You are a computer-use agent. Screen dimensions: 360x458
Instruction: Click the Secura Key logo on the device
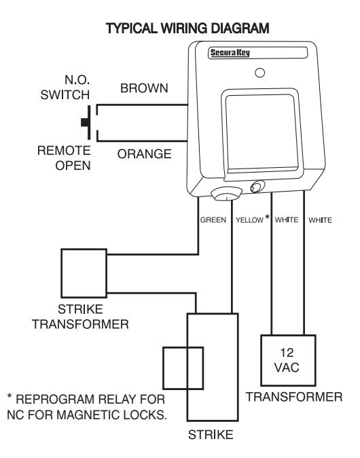[230, 53]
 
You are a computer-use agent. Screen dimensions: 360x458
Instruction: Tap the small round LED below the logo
[259, 73]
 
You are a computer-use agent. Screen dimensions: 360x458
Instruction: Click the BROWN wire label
[144, 88]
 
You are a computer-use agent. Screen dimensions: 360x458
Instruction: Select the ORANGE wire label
[144, 154]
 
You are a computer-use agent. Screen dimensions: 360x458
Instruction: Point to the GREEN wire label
[213, 220]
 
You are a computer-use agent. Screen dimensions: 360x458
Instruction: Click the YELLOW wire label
[250, 220]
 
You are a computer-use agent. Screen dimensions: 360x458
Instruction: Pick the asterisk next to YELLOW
[267, 217]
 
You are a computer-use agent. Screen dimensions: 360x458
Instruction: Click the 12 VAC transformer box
[288, 360]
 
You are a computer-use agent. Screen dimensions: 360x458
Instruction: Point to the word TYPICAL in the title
[132, 29]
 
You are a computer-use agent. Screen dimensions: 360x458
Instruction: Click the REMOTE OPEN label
[65, 158]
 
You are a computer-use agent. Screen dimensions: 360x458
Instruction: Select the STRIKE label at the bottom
[211, 435]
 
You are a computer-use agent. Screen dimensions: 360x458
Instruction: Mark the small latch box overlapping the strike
[162, 368]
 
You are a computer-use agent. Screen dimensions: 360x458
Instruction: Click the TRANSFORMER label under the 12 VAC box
[294, 397]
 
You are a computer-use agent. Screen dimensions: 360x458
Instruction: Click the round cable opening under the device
[227, 194]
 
